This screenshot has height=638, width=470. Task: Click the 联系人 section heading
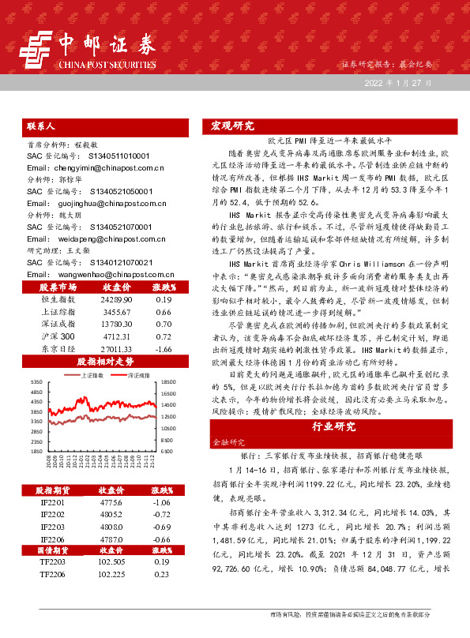pyautogui.click(x=40, y=126)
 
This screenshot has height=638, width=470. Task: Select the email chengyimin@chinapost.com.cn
pyautogui.click(x=95, y=168)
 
